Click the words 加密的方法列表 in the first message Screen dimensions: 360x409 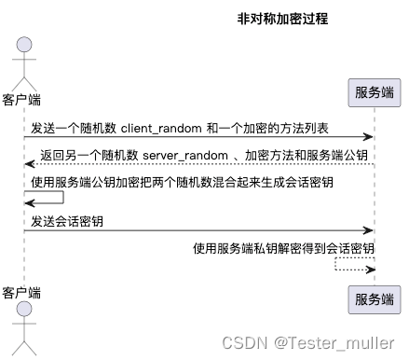click(x=308, y=127)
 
